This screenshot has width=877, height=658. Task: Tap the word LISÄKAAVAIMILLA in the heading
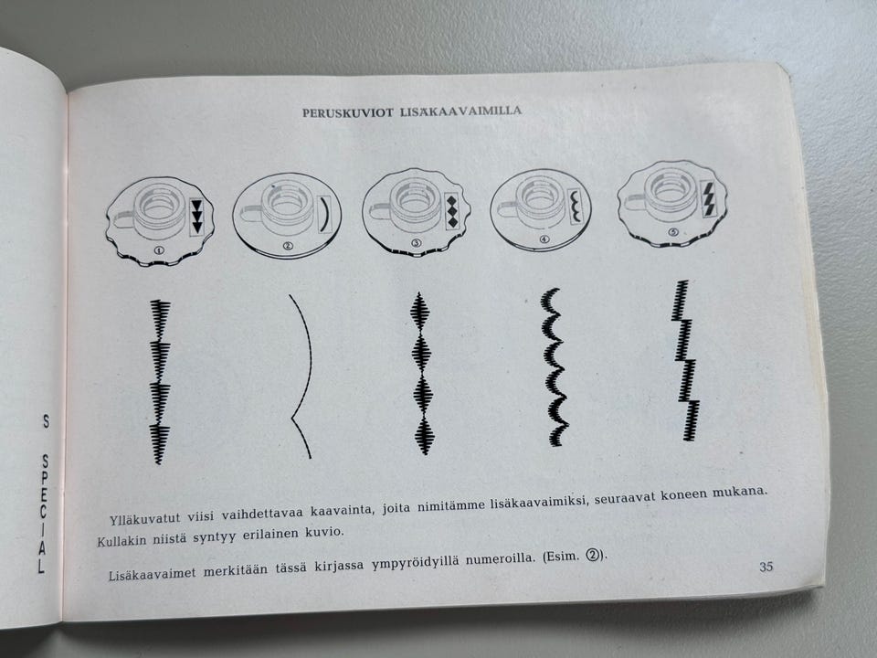(460, 111)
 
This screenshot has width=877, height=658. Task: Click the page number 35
(766, 567)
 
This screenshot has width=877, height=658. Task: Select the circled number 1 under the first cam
(159, 250)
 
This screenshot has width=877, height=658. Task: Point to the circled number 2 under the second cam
(288, 246)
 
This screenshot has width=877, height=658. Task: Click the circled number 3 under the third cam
(417, 243)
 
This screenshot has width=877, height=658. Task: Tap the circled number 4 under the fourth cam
(544, 239)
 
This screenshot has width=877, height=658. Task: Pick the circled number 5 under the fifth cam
(672, 232)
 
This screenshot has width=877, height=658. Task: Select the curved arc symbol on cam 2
(325, 213)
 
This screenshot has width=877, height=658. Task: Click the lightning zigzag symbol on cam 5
(708, 198)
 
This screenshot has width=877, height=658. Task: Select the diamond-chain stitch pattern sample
(422, 373)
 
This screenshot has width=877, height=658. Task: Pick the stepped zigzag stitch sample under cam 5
(685, 360)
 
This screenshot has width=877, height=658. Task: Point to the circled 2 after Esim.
(593, 556)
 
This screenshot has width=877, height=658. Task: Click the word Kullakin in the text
(122, 540)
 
